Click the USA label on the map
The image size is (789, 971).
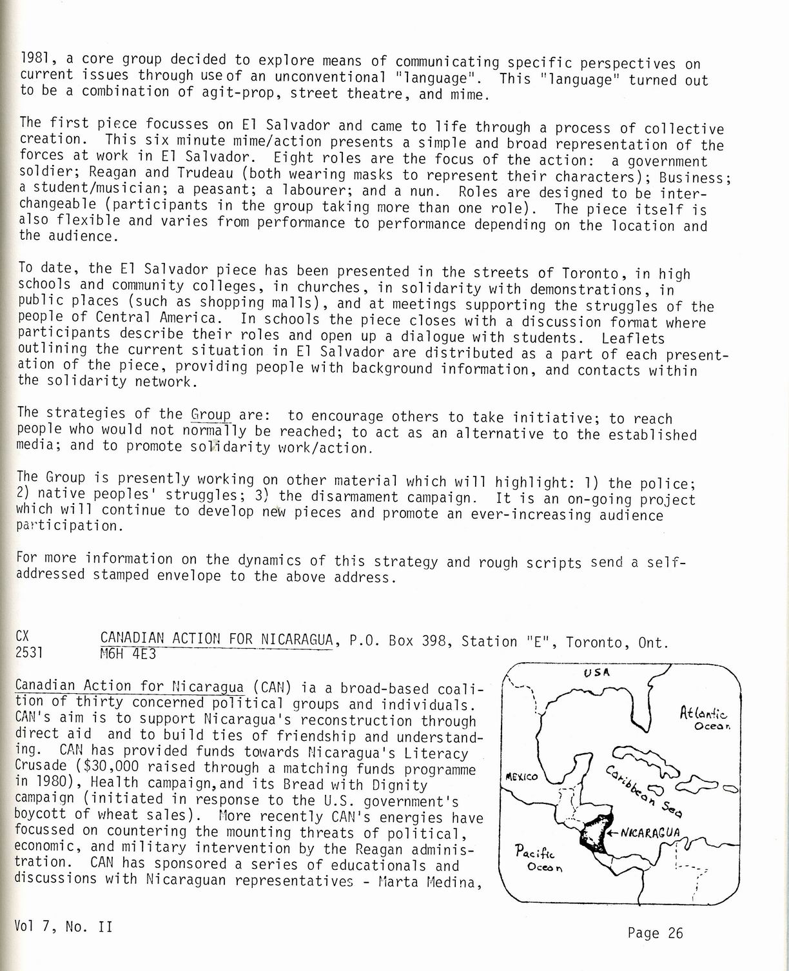pyautogui.click(x=597, y=672)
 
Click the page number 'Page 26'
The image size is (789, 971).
pyautogui.click(x=654, y=932)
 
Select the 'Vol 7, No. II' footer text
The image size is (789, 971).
pyautogui.click(x=63, y=927)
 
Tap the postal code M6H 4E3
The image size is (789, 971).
pyautogui.click(x=128, y=654)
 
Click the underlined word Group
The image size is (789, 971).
pyautogui.click(x=211, y=414)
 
